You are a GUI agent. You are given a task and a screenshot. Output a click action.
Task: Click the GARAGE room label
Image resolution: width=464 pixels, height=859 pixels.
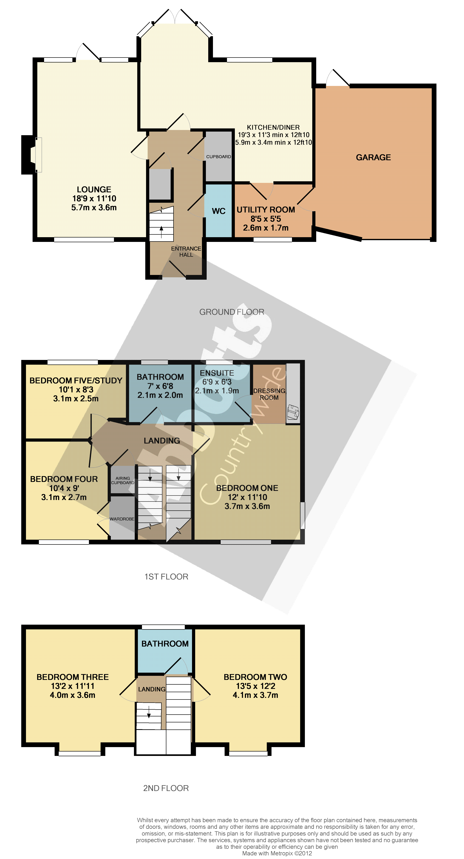click(x=373, y=157)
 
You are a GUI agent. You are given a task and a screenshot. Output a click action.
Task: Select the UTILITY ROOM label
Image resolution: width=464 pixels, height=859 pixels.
click(x=266, y=210)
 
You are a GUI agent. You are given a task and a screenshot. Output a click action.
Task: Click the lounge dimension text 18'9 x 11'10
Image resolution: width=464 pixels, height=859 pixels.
click(x=94, y=198)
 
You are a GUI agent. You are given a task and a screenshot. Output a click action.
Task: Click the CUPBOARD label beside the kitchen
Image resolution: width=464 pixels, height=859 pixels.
click(x=218, y=157)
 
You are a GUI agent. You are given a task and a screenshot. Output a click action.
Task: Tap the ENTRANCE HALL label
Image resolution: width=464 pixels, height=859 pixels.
click(x=186, y=252)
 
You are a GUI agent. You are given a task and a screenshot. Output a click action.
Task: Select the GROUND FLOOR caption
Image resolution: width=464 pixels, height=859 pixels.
click(x=232, y=312)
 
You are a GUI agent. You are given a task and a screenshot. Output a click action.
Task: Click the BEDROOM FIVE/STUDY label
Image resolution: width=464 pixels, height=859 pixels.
click(x=76, y=381)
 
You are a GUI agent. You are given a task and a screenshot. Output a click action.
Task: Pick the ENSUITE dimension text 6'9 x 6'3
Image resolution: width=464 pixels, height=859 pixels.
click(x=217, y=382)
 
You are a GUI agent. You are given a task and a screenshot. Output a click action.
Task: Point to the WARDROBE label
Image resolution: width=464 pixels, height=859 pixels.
click(x=122, y=519)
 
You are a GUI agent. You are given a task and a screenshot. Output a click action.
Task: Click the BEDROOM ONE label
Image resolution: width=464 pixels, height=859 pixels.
click(x=247, y=488)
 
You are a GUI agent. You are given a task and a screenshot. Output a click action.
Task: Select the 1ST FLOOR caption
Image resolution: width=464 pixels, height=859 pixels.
click(x=166, y=576)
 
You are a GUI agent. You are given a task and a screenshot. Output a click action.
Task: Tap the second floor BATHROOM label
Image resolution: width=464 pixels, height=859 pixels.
click(x=165, y=644)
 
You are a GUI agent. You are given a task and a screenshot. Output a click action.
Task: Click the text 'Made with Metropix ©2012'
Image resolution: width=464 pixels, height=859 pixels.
click(x=277, y=853)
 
